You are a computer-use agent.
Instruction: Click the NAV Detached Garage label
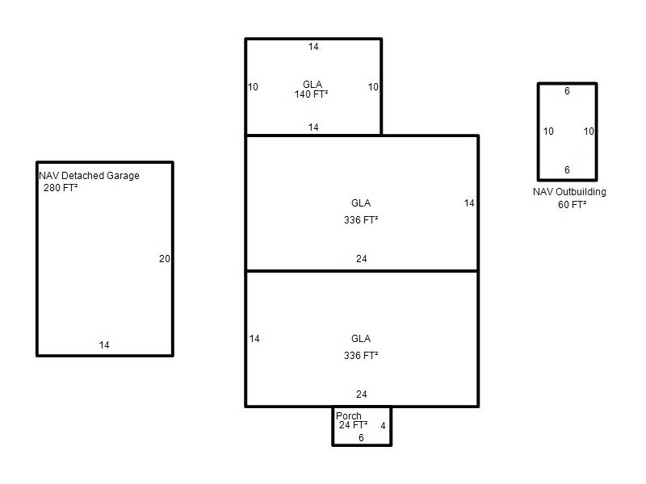[x=89, y=176]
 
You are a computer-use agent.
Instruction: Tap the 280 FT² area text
[x=61, y=188]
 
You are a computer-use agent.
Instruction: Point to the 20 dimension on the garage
[x=165, y=259]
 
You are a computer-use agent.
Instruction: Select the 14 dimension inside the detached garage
[x=104, y=345]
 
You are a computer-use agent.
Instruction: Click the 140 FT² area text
[x=311, y=94]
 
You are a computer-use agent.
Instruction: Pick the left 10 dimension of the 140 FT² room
[x=253, y=87]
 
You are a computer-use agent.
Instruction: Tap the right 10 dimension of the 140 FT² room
[x=373, y=87]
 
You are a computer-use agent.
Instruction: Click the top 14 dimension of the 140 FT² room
[x=313, y=47]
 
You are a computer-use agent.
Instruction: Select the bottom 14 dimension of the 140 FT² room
[x=313, y=127]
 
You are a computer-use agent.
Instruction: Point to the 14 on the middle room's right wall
[x=469, y=203]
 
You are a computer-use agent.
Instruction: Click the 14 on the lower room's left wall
[x=254, y=339]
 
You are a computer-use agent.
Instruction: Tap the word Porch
[x=349, y=415]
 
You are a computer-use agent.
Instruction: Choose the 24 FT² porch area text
[x=353, y=425]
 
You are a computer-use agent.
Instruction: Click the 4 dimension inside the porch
[x=383, y=426]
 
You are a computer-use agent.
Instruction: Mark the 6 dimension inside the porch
[x=361, y=438]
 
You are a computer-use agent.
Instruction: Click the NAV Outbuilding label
[x=569, y=192]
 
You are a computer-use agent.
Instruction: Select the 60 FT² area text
[x=573, y=205]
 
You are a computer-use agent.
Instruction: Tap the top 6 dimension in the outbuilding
[x=568, y=91]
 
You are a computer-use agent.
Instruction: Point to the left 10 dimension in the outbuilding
[x=548, y=131]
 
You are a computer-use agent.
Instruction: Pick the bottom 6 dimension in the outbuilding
[x=568, y=170]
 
